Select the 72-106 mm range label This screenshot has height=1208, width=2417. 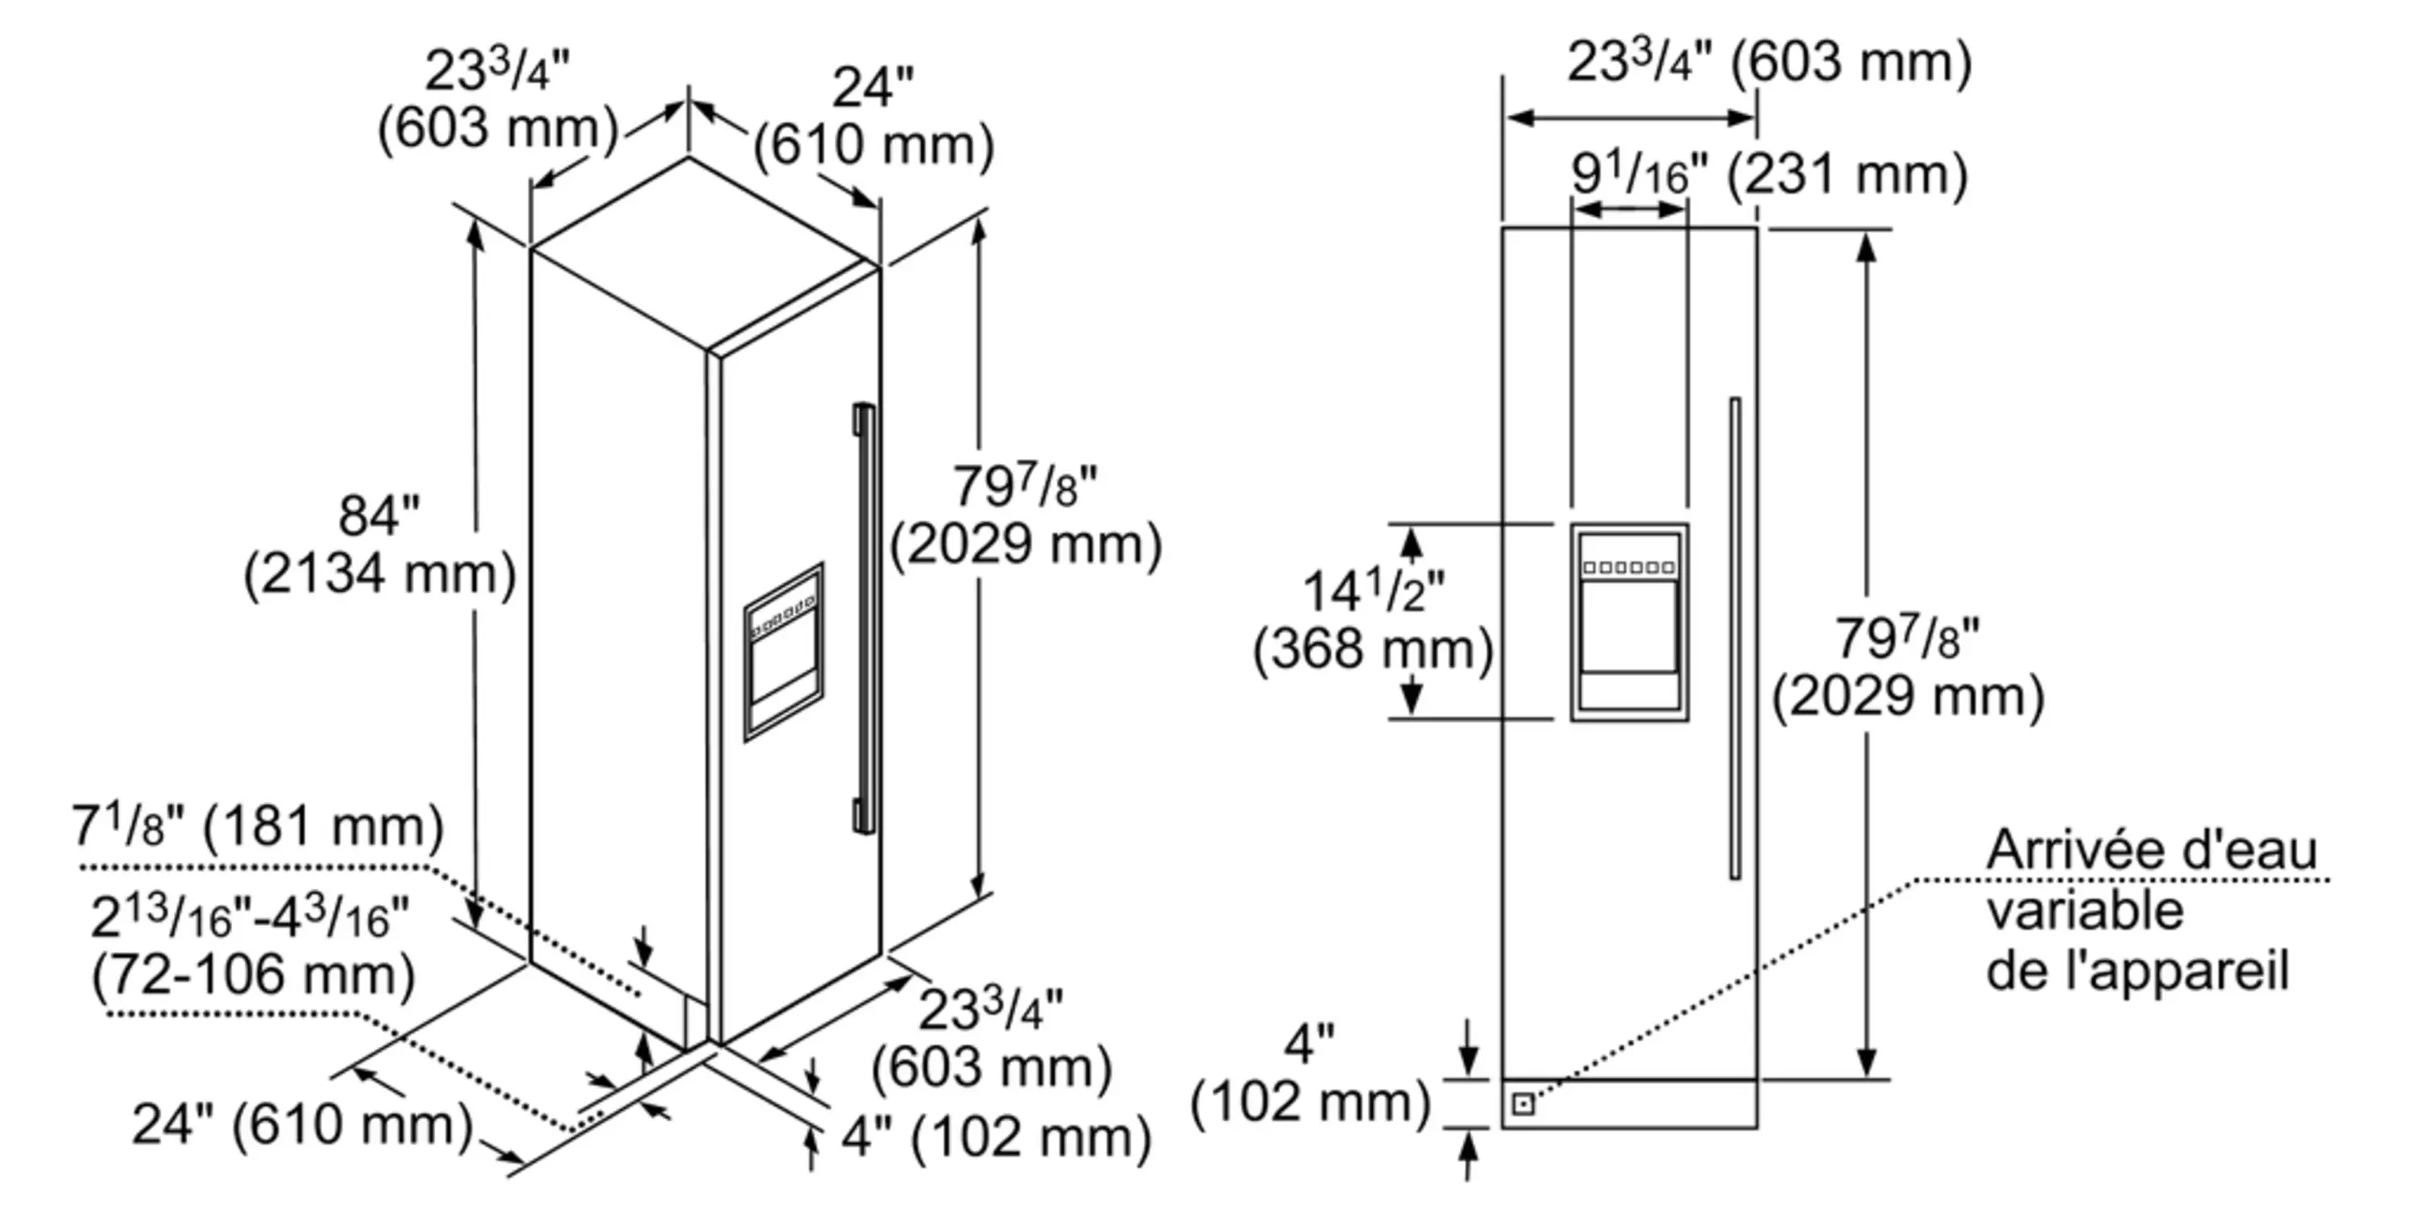click(x=253, y=974)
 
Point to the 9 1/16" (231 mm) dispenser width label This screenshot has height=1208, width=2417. click(x=1768, y=175)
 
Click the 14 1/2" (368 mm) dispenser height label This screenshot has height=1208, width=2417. click(x=1374, y=621)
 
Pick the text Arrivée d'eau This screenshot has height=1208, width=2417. click(x=2151, y=850)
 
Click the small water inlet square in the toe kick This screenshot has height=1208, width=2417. click(x=1524, y=1104)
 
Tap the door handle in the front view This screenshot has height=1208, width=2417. click(x=1735, y=638)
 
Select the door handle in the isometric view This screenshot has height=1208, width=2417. click(x=865, y=619)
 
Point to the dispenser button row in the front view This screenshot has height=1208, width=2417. click(x=1629, y=568)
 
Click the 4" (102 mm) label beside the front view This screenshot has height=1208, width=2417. click(x=1310, y=1074)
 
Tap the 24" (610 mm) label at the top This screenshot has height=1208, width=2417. click(x=873, y=118)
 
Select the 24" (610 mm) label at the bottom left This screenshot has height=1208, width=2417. click(x=302, y=1124)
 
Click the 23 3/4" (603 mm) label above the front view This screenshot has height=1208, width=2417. click(x=1768, y=63)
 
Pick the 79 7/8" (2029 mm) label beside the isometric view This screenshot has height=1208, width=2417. click(x=1026, y=516)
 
